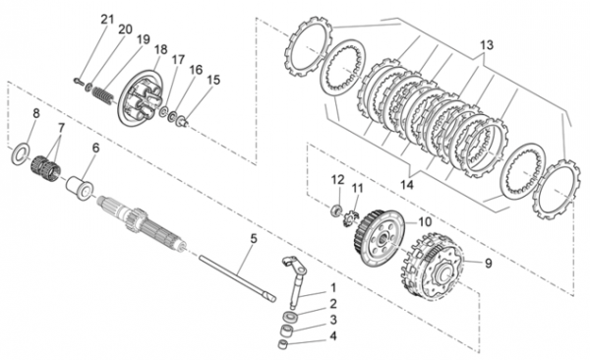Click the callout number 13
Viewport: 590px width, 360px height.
tap(486, 45)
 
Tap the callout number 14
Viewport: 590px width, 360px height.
tap(407, 185)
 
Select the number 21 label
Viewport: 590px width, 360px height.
tap(107, 20)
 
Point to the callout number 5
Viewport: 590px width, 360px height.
tap(254, 238)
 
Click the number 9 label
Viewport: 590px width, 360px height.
tap(488, 264)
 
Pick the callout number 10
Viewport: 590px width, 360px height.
tap(425, 221)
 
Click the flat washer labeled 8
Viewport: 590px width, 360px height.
tap(20, 154)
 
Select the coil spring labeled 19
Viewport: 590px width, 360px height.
tap(102, 95)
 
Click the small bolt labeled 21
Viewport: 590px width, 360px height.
tap(79, 81)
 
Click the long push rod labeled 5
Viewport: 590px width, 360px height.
tap(237, 278)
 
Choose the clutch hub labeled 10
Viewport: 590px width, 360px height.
tap(379, 238)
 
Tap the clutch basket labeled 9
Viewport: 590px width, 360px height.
tap(433, 267)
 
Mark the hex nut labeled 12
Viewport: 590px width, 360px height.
tap(335, 210)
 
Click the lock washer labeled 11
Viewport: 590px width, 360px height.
tap(349, 219)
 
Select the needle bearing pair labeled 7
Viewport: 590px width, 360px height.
tap(45, 168)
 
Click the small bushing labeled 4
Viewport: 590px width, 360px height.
tap(282, 344)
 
